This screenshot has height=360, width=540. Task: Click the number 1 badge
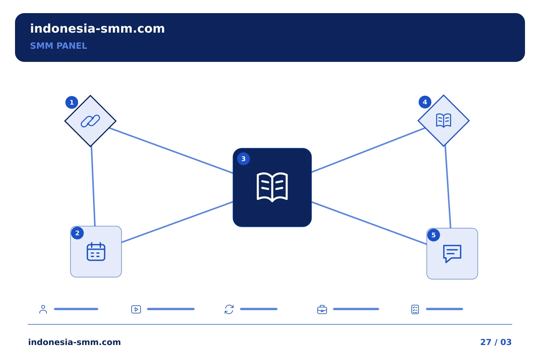tap(72, 102)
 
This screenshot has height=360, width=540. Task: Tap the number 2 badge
tap(77, 233)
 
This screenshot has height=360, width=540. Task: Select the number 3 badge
tap(243, 159)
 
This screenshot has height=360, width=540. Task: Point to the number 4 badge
tap(425, 102)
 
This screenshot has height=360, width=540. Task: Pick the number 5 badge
tap(433, 235)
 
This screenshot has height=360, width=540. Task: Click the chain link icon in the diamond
tap(90, 121)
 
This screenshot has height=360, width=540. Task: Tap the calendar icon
tap(96, 252)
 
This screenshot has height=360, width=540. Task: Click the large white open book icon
tap(272, 187)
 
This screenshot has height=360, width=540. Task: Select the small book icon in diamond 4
tap(444, 120)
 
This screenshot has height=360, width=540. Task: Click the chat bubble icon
tap(452, 254)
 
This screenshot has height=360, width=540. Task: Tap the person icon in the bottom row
tap(43, 309)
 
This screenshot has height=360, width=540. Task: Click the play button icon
tap(136, 310)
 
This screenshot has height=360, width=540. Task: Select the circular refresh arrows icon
tap(229, 310)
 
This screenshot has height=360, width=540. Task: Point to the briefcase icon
tap(322, 310)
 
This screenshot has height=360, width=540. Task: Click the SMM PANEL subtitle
tap(58, 46)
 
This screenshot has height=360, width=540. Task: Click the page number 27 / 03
tap(496, 342)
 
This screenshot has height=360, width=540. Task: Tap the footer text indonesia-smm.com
tap(75, 342)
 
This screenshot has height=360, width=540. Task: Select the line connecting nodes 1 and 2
tap(93, 186)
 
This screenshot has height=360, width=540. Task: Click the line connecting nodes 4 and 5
tap(448, 187)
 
